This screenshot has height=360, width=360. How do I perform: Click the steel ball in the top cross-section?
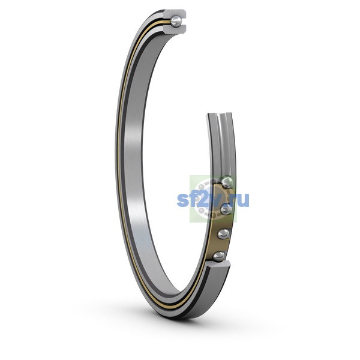pyautogui.click(x=176, y=22)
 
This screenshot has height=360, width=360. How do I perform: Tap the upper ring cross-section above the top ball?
pyautogui.click(x=176, y=14)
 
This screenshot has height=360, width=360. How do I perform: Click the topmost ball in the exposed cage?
pyautogui.click(x=227, y=182)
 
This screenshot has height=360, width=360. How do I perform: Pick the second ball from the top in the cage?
pyautogui.click(x=226, y=209)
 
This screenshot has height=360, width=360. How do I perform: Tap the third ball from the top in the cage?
pyautogui.click(x=223, y=234)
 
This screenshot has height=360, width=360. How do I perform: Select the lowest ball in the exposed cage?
pyautogui.click(x=218, y=256)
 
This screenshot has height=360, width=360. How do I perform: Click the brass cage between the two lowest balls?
pyautogui.click(x=220, y=245)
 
